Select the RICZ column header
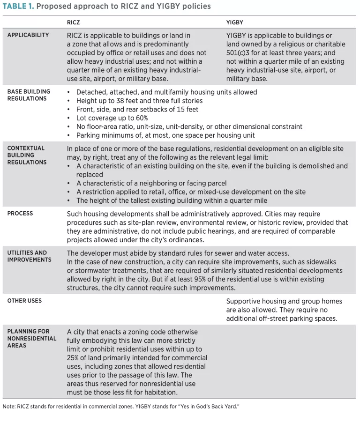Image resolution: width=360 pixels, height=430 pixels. (x=74, y=22)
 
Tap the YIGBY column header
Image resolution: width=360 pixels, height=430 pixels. (x=234, y=22)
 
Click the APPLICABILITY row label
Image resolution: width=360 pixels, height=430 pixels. (x=28, y=35)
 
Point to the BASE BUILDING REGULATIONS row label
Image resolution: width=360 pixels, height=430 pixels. (x=29, y=95)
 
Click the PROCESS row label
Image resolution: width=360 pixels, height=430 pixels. (x=20, y=213)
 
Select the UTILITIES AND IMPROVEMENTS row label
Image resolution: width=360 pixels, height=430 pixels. (x=27, y=256)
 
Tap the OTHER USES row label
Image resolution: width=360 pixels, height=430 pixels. (x=24, y=301)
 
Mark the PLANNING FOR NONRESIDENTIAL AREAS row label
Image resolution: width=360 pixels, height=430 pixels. (x=31, y=338)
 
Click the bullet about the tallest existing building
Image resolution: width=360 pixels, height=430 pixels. (x=172, y=200)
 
